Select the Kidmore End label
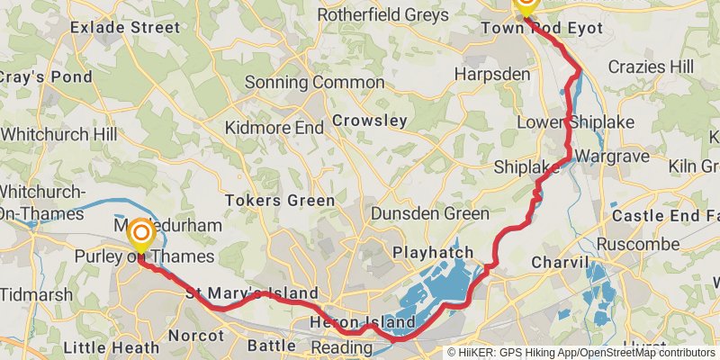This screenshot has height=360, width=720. pos(274,128)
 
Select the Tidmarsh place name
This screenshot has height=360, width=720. pos(31,294)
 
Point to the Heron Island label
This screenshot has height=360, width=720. pos(363,322)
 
